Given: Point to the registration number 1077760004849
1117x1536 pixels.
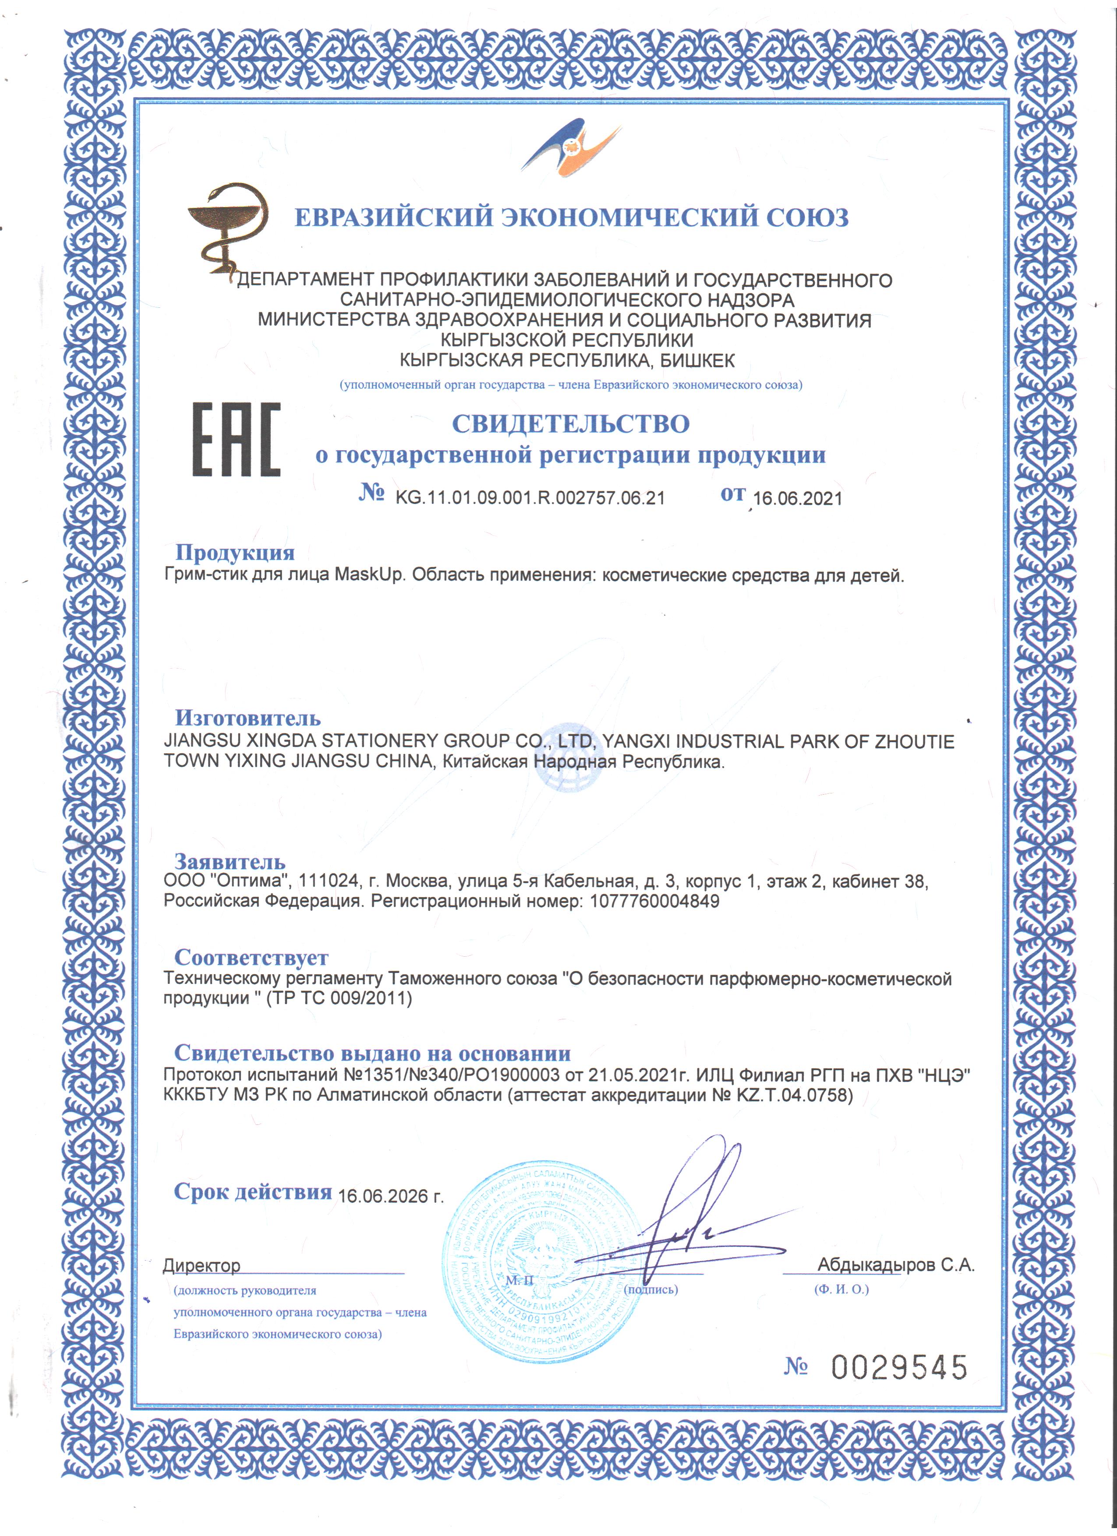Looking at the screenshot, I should click(654, 902).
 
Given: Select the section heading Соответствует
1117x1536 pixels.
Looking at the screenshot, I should click(251, 957).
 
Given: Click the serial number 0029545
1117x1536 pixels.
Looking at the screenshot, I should click(899, 1367).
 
